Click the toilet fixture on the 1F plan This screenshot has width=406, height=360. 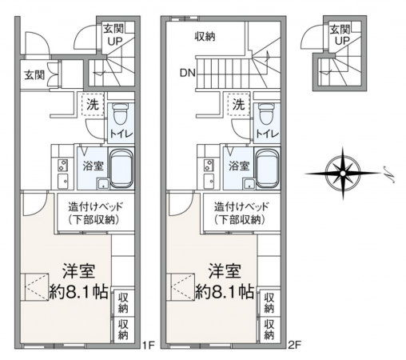point(119,114)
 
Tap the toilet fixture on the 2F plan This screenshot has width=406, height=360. point(265,114)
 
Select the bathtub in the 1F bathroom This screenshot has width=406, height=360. point(121,169)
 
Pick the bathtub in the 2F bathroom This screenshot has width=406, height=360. point(268,169)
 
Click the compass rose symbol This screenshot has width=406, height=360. point(343,174)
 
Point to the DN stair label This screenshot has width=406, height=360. point(188,73)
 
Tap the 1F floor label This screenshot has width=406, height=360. point(148,346)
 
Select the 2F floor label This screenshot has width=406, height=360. point(294,346)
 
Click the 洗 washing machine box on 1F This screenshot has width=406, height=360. point(93,105)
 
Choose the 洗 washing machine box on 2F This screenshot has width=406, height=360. point(239,105)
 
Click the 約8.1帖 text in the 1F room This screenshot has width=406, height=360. point(79,292)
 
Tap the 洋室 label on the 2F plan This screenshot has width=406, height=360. point(225,271)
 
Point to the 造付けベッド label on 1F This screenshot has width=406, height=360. point(96,206)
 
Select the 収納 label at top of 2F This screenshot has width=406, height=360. point(205,37)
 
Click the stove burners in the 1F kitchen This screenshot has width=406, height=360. point(63,165)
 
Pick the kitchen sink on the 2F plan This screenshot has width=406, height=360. point(209,182)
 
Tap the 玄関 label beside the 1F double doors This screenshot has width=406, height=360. point(34,75)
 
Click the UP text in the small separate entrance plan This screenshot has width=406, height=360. point(342,41)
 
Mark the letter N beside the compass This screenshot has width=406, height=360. point(389,174)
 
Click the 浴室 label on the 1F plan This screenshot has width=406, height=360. point(93,166)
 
